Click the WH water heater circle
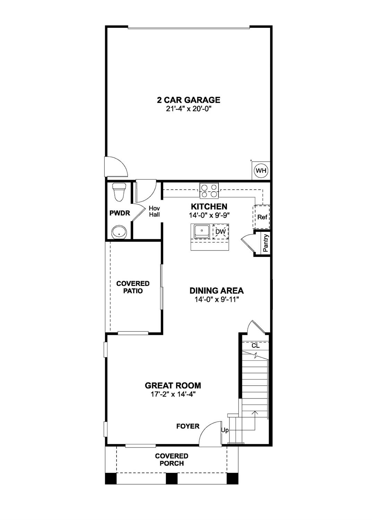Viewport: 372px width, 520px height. (x=261, y=170)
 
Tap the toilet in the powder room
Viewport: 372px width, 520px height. (x=119, y=192)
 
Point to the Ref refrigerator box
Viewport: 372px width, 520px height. (x=262, y=217)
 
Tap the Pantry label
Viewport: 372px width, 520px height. (x=266, y=243)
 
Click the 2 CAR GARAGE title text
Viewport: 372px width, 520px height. (x=189, y=100)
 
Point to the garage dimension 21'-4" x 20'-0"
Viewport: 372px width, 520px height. (x=189, y=109)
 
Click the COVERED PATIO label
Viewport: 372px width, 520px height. (x=133, y=287)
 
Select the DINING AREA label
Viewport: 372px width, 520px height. (x=216, y=291)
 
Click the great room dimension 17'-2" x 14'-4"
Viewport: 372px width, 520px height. (x=173, y=394)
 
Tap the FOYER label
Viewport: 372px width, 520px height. (x=188, y=426)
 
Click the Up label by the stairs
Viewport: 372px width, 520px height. (x=225, y=430)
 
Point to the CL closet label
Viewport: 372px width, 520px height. (x=255, y=346)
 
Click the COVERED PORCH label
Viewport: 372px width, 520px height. (x=172, y=460)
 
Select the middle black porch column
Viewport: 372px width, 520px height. (x=172, y=478)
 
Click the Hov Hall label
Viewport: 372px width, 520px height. (x=154, y=211)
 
